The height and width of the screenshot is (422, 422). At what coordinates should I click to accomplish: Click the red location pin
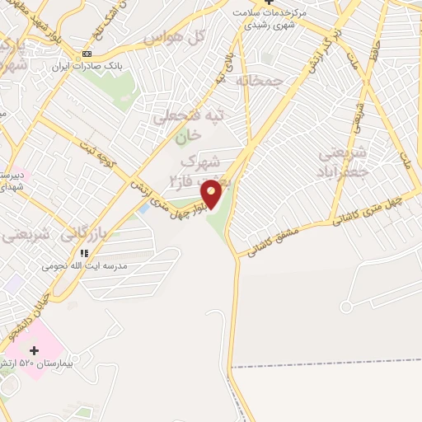pos(212,193)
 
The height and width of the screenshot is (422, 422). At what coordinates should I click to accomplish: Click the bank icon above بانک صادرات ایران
pos(87,54)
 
